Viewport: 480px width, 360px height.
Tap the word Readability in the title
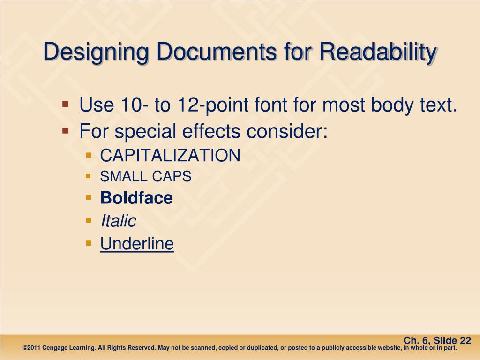click(x=377, y=52)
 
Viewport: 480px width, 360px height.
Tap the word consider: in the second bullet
click(x=286, y=131)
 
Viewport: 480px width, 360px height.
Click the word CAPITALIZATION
click(x=170, y=156)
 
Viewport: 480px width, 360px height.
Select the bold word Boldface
click(x=136, y=198)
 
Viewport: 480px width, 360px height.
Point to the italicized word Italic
click(x=118, y=221)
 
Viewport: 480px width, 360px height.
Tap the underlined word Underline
click(x=137, y=244)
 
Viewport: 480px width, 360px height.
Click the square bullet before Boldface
click(x=89, y=197)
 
